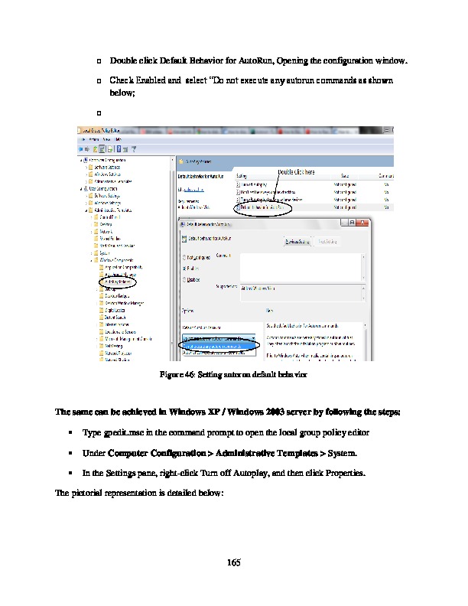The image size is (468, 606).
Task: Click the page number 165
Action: point(234,564)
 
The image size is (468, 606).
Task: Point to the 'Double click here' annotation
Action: point(295,172)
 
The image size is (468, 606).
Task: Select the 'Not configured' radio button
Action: point(184,257)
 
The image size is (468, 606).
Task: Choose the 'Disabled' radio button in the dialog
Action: point(184,279)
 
